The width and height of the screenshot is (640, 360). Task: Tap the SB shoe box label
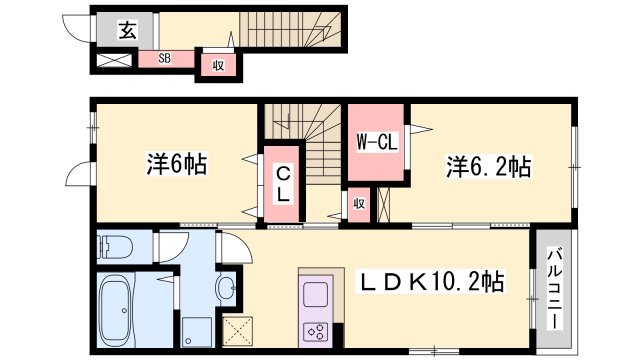coord(164,58)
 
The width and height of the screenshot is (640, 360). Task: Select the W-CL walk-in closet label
coord(377,142)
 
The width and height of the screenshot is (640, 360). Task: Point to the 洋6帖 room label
coord(177,164)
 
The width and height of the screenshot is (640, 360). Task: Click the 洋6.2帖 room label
coord(489,167)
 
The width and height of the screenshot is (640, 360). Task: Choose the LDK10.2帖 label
coord(431,281)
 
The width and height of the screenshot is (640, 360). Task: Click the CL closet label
coord(283,185)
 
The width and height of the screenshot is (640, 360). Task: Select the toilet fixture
coord(115,247)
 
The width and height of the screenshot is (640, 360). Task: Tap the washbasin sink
coord(226,288)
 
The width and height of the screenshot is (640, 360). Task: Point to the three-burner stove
coord(316,331)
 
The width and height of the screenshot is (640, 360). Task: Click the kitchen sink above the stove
coord(315,294)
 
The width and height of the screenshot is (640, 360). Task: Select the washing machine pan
coord(196,332)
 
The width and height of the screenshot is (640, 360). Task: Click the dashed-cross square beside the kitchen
coord(238,331)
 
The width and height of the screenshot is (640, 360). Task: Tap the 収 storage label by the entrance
coord(218,65)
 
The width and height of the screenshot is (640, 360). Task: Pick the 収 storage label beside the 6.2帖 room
coord(359,204)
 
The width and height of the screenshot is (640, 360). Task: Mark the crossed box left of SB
coord(114,60)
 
